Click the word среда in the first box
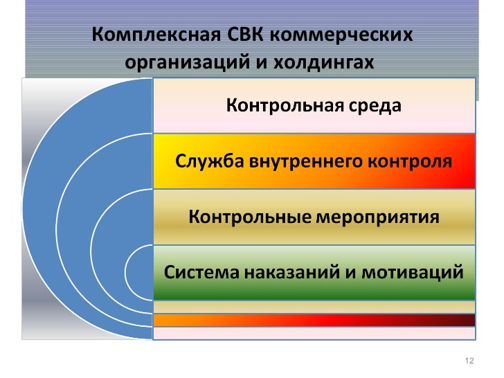pos(375,106)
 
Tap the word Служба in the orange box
pos(206,161)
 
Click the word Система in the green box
pos(199,272)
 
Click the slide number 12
pos(469,361)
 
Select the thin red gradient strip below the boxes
pos(314,320)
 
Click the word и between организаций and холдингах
pos(243,62)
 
